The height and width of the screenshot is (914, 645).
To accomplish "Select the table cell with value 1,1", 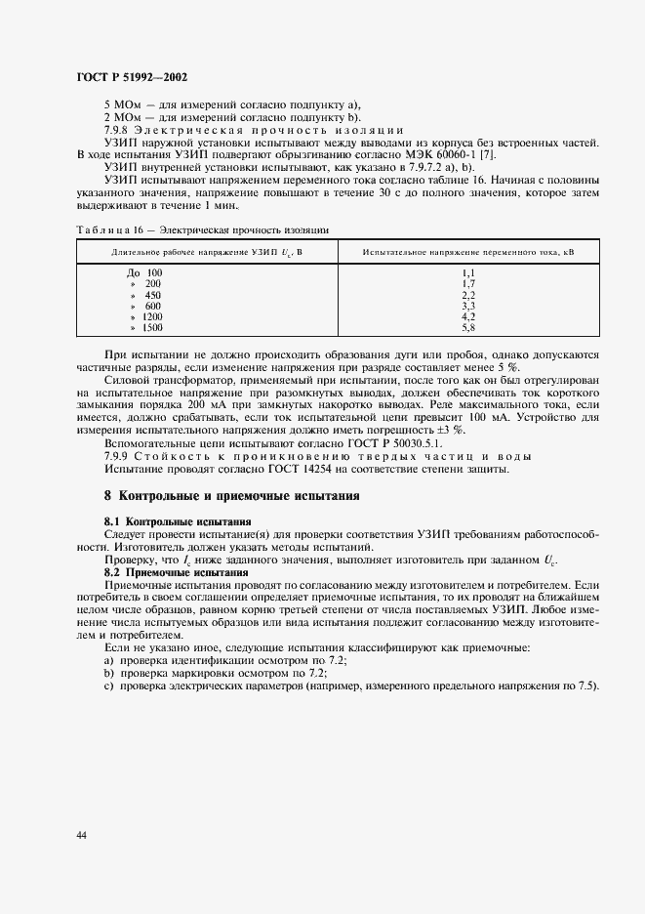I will coord(467,272).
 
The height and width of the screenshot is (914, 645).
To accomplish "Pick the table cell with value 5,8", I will coord(467,328).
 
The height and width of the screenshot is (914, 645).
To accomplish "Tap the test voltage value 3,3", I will coord(467,306).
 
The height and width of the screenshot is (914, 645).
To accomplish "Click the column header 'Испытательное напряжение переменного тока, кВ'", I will coord(467,252).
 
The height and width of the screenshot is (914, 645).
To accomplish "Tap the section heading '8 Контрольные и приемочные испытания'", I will coord(232,496).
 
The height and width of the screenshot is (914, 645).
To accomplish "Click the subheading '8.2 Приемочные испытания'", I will coord(176,571).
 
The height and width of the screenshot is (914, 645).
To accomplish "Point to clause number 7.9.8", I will coord(117,130).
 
